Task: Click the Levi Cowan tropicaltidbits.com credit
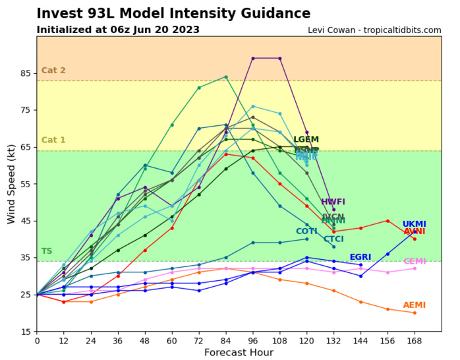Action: pyautogui.click(x=374, y=30)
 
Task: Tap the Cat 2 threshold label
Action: pyautogui.click(x=53, y=71)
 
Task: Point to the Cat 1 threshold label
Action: pyautogui.click(x=53, y=140)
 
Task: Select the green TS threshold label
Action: pyautogui.click(x=47, y=251)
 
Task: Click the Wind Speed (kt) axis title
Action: pyautogui.click(x=12, y=184)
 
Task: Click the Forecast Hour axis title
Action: pyautogui.click(x=238, y=353)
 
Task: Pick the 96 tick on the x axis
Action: pyautogui.click(x=252, y=340)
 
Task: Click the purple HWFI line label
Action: pyautogui.click(x=333, y=202)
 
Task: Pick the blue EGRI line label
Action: pyautogui.click(x=360, y=257)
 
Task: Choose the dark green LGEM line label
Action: pyautogui.click(x=306, y=140)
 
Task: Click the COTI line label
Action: pyautogui.click(x=306, y=231)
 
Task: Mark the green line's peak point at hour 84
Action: pyautogui.click(x=226, y=76)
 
